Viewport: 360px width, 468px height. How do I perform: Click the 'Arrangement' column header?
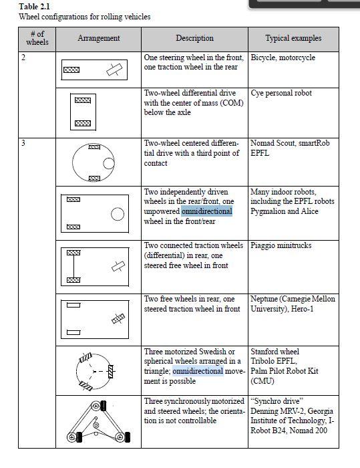pos(98,38)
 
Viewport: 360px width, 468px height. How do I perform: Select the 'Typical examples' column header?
pos(293,38)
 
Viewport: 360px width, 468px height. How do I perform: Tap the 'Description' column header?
pos(194,38)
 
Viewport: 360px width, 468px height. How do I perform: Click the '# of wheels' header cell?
pos(37,38)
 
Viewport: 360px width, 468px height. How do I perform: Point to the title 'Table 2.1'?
pos(34,6)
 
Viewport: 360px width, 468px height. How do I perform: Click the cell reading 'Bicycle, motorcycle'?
pos(283,57)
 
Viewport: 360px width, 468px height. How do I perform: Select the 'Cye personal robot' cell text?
pos(281,93)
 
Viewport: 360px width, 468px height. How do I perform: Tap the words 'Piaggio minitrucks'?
pos(281,245)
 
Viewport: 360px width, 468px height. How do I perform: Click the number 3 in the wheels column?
pos(23,143)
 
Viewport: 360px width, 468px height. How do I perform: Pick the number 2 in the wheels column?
pos(23,57)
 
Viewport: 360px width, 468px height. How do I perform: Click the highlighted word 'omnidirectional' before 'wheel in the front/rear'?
pos(206,211)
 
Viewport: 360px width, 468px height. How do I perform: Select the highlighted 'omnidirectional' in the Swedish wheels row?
pos(198,371)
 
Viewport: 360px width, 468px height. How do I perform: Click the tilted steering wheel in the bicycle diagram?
pos(114,70)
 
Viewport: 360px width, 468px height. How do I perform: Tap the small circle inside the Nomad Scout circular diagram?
pos(109,163)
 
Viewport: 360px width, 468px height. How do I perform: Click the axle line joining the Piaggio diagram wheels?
pos(73,266)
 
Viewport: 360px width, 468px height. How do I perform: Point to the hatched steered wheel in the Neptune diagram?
pos(118,318)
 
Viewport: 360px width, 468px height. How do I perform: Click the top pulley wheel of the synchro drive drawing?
pos(96,406)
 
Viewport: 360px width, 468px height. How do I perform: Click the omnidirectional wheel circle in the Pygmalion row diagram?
pos(118,214)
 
